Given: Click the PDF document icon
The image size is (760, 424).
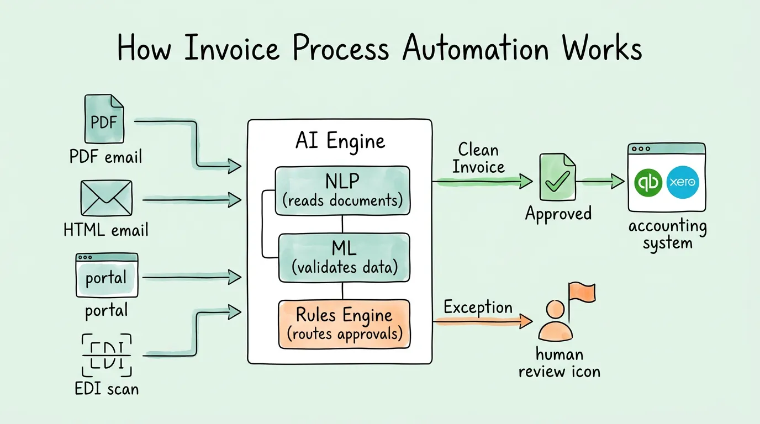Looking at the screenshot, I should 104,119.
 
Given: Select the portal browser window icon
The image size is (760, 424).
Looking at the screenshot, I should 107,275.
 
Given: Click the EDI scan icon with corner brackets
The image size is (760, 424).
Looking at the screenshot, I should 107,354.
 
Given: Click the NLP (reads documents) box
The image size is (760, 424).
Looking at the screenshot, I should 342,190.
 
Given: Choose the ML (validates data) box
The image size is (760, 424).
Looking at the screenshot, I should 344,258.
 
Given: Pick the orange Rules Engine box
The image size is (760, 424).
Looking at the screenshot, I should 344,324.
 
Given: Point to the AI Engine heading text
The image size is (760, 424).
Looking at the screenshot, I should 340,141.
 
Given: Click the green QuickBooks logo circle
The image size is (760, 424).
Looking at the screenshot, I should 649,182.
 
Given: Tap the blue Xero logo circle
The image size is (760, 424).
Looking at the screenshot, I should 683,182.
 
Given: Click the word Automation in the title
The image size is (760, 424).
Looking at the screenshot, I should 476,49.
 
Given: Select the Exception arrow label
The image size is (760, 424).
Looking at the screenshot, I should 478,308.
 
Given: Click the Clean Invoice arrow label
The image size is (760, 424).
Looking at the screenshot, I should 478,158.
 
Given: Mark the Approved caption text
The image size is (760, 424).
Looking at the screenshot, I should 558,214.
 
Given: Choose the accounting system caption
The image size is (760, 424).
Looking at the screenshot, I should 667,234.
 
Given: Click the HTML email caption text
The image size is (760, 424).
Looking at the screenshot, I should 106,230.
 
